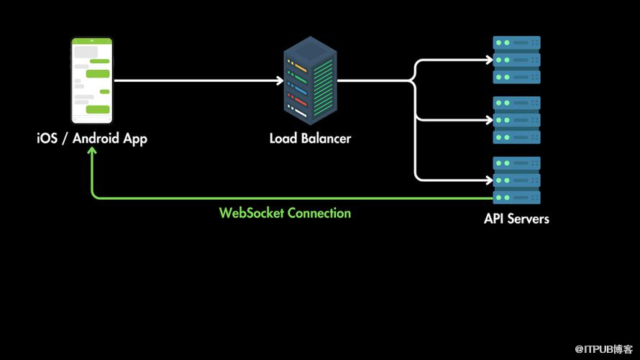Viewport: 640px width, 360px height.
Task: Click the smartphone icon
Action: tap(92, 81)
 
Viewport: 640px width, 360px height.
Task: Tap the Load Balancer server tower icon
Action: tap(310, 81)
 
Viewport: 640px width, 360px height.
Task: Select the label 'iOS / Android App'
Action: tap(92, 139)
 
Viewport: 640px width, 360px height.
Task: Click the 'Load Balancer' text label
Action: tap(310, 138)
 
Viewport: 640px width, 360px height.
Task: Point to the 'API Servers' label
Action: tap(516, 218)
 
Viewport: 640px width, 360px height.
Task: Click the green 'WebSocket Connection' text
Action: tap(285, 213)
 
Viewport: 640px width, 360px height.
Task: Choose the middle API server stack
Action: tap(516, 120)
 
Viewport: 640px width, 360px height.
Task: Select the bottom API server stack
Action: tap(516, 180)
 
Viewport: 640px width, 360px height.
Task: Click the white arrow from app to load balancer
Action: tap(194, 80)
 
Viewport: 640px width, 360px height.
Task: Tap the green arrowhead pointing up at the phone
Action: tap(93, 155)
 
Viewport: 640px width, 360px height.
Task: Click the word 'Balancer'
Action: tap(326, 138)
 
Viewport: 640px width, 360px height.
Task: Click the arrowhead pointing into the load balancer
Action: tap(278, 80)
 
